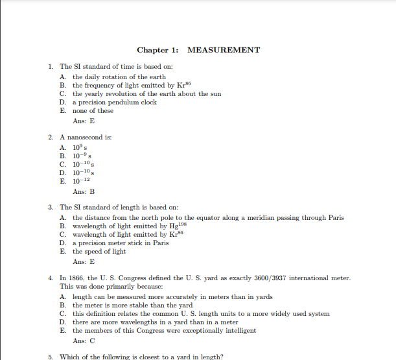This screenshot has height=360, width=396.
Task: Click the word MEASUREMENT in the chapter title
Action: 223,50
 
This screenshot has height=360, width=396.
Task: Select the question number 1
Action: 51,66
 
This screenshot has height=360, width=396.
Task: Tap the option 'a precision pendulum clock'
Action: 114,102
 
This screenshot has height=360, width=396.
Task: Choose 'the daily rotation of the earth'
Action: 119,77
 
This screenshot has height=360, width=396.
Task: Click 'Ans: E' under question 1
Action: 84,121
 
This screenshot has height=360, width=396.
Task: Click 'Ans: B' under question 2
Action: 84,192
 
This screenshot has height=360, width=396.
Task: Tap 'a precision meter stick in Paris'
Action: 120,243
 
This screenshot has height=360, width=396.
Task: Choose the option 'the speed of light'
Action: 99,252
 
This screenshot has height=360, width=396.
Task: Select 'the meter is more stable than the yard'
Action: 132,305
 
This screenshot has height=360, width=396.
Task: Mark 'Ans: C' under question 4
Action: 84,341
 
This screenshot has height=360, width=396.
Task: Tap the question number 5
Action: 51,357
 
